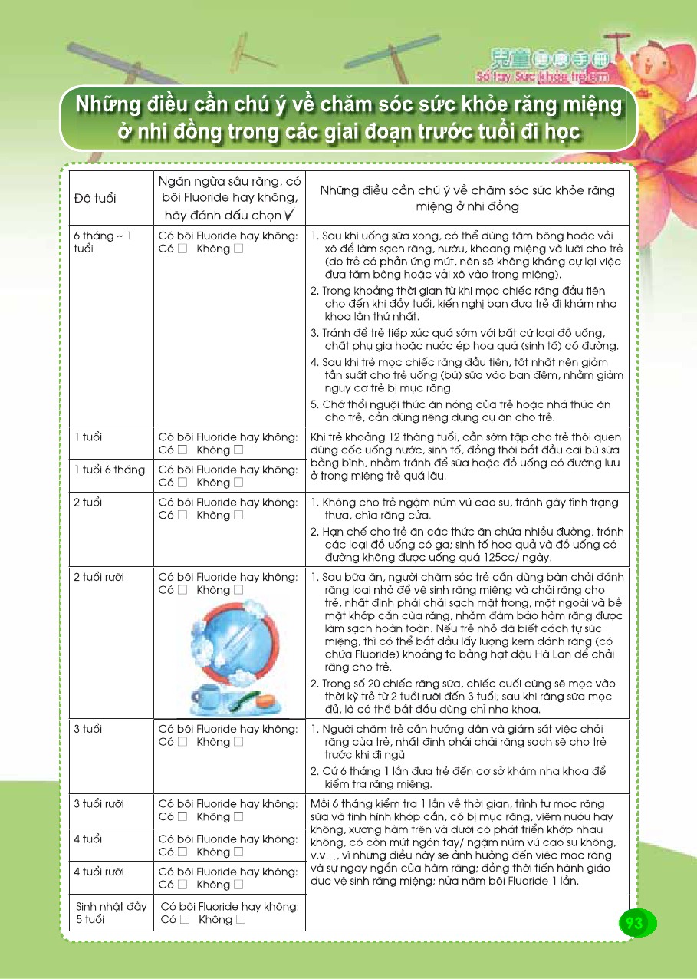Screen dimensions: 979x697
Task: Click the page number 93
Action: click(x=634, y=923)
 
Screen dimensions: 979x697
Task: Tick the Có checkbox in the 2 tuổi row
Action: click(x=183, y=516)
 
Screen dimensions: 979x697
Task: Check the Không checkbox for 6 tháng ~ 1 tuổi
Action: click(x=239, y=249)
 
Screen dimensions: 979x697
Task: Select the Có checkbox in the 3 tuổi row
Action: click(x=183, y=742)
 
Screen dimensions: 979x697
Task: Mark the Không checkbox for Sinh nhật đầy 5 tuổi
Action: click(x=242, y=919)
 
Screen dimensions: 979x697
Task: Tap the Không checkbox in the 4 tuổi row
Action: click(x=239, y=852)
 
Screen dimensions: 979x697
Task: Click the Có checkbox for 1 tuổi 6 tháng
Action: click(x=183, y=483)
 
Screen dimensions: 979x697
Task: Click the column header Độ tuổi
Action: click(x=95, y=199)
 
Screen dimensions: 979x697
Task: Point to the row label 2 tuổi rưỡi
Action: click(x=99, y=577)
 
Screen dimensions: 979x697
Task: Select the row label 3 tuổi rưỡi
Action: click(x=99, y=803)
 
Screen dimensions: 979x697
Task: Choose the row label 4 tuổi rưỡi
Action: click(x=99, y=872)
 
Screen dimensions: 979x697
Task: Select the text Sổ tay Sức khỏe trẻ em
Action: click(x=542, y=77)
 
